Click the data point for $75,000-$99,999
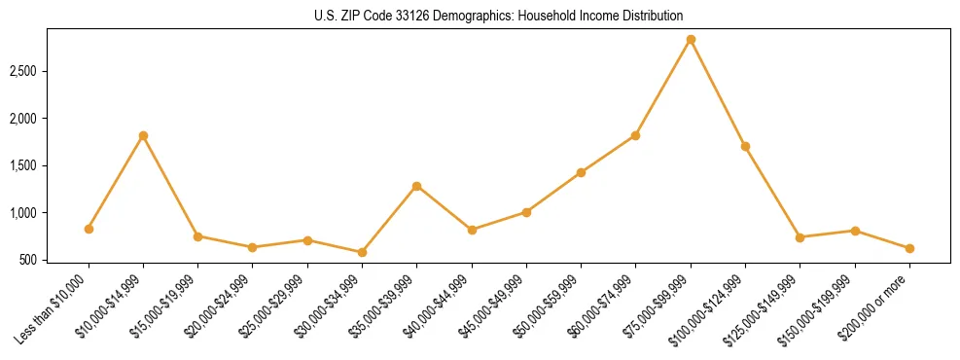(691, 40)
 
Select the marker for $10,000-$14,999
(143, 135)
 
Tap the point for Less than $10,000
(89, 229)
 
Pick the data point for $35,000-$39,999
(416, 186)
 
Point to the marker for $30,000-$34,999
(362, 252)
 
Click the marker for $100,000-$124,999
(745, 146)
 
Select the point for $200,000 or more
(909, 248)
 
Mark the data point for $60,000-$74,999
(635, 135)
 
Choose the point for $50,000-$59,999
(581, 172)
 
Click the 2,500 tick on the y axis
(50, 72)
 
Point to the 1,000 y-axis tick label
(50, 213)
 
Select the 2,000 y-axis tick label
(50, 119)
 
